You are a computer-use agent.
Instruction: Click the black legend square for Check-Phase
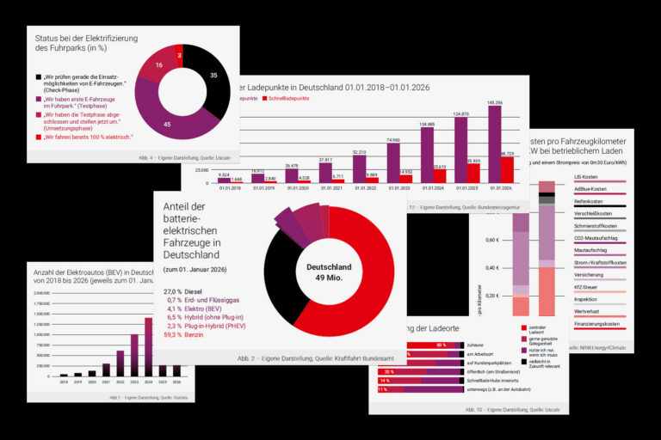pos(39,76)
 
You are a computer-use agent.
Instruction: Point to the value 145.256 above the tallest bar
pos(494,102)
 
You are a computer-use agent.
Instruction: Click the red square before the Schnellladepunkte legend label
pos(266,99)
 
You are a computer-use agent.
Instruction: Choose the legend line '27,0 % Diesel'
pos(184,291)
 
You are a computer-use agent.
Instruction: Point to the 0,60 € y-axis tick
pos(490,240)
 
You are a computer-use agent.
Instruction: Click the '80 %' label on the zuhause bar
pos(441,345)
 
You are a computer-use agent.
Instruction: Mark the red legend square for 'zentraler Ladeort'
pos(523,327)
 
